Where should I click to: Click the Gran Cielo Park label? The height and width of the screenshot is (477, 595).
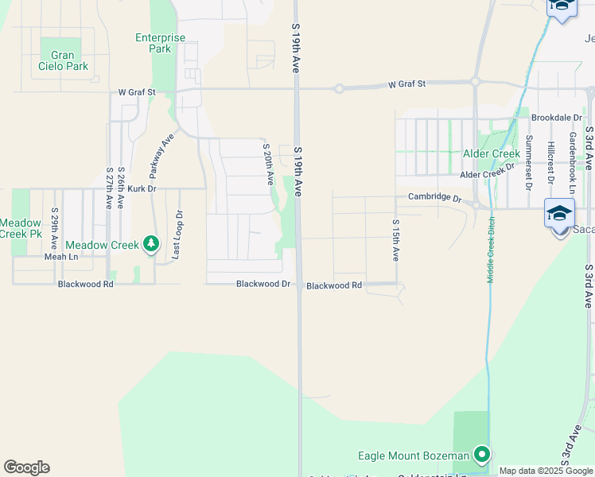point(63,61)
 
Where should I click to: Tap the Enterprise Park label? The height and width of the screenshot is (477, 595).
point(160,43)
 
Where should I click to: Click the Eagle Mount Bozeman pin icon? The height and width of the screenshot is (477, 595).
point(481,456)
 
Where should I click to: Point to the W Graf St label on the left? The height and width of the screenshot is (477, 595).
point(138,92)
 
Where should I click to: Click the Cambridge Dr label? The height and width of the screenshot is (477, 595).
point(434,196)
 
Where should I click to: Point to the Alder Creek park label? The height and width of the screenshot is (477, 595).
point(492,153)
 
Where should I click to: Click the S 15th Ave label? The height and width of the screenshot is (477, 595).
point(395,241)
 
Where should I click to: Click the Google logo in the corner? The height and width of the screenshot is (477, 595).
point(26,467)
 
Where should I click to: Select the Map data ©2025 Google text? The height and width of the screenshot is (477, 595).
point(546,471)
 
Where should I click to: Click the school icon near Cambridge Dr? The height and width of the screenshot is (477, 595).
point(559,213)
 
